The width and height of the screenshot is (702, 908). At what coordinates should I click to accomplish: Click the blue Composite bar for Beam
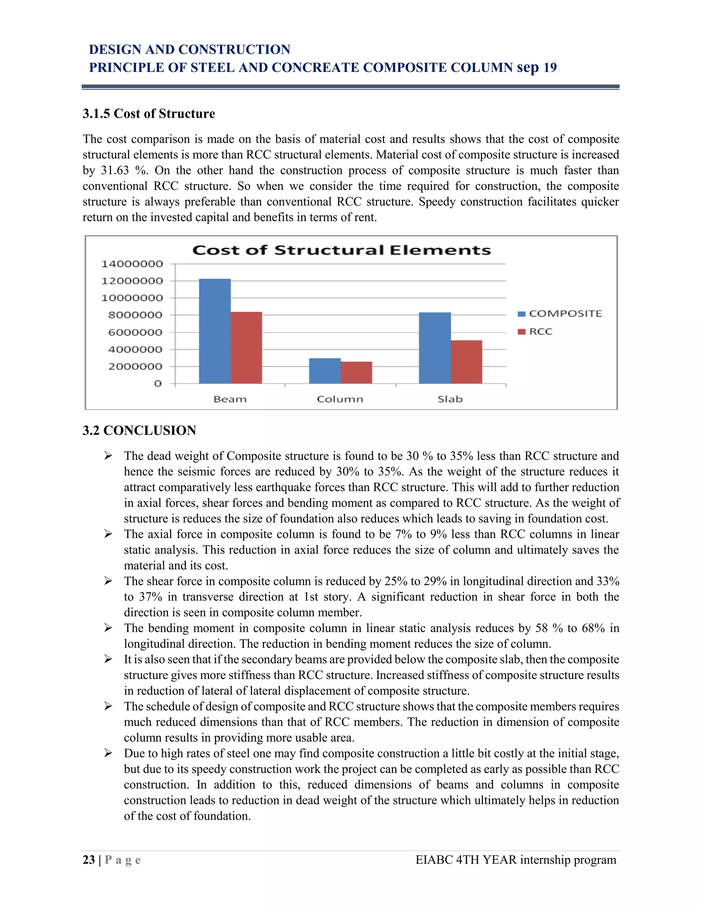click(215, 331)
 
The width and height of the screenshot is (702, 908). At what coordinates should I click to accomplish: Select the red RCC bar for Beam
click(246, 347)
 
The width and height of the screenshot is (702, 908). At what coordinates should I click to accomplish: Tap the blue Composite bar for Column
click(325, 371)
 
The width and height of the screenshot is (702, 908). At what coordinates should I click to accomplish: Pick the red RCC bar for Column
click(356, 372)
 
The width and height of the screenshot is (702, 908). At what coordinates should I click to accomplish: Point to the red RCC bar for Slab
click(466, 362)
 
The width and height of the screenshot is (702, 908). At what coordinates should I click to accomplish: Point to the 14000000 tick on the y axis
click(132, 263)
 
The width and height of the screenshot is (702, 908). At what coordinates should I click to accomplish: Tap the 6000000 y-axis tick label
click(135, 332)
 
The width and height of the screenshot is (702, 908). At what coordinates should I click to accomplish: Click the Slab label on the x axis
click(450, 399)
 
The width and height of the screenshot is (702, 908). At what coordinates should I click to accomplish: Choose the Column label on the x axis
click(340, 399)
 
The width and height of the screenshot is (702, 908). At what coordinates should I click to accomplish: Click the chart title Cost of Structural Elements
click(341, 250)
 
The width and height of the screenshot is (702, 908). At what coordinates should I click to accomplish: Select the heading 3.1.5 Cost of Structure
click(148, 113)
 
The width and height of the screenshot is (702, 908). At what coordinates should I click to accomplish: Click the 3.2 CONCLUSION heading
click(139, 430)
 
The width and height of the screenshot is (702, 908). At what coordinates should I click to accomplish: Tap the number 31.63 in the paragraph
click(115, 170)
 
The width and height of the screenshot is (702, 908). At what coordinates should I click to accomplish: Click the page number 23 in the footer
click(88, 860)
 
